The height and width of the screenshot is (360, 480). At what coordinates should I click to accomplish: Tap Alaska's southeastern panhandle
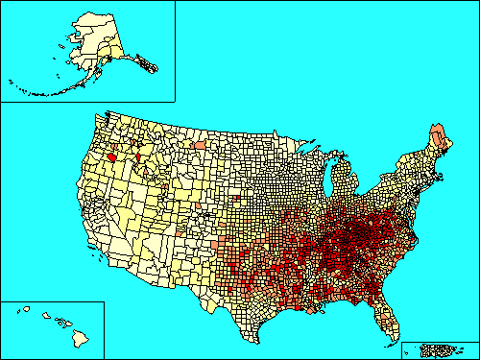point(144,64)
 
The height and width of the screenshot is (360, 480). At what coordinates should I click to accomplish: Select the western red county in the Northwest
point(112,156)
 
